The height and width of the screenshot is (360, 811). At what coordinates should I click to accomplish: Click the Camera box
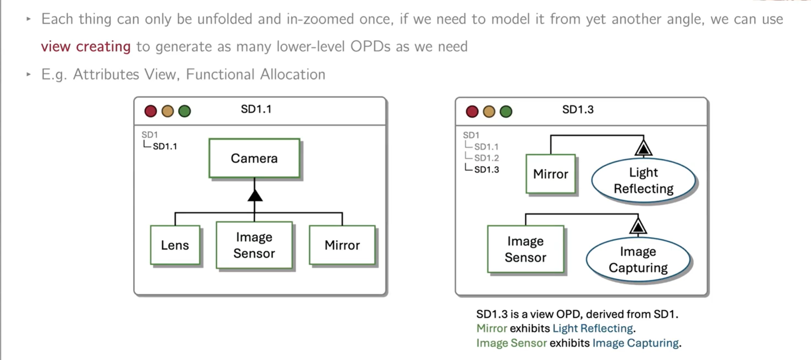pos(254,158)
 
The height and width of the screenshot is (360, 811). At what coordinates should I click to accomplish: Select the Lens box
pos(175,245)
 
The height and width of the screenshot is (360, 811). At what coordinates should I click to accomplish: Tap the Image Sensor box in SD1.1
pos(254,245)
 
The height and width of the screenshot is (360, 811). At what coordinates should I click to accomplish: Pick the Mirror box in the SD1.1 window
pos(342,245)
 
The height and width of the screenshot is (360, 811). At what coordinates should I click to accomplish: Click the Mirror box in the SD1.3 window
pos(550,174)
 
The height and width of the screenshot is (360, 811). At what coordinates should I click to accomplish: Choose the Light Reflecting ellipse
pos(643,180)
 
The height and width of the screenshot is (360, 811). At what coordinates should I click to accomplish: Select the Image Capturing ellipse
pos(638,259)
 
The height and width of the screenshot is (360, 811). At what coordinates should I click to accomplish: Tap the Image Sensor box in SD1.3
pos(525,249)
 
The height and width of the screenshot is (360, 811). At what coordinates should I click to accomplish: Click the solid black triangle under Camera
pos(255,195)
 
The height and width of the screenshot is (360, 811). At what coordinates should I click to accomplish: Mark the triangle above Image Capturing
pos(638,226)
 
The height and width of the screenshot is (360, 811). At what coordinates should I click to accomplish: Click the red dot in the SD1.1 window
pos(150,111)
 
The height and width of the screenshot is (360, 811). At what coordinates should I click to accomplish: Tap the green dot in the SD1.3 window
pos(506,112)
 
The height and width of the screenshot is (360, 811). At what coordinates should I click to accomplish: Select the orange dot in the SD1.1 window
pos(168,111)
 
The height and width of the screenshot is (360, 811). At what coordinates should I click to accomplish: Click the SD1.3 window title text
pos(578,110)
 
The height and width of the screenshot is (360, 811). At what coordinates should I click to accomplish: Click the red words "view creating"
pos(86,46)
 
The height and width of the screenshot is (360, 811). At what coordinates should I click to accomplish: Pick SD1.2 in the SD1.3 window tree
pos(486,158)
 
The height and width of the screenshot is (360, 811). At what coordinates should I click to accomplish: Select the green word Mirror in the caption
pos(492,329)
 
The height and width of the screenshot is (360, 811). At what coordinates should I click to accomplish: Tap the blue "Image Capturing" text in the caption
pos(635,343)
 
